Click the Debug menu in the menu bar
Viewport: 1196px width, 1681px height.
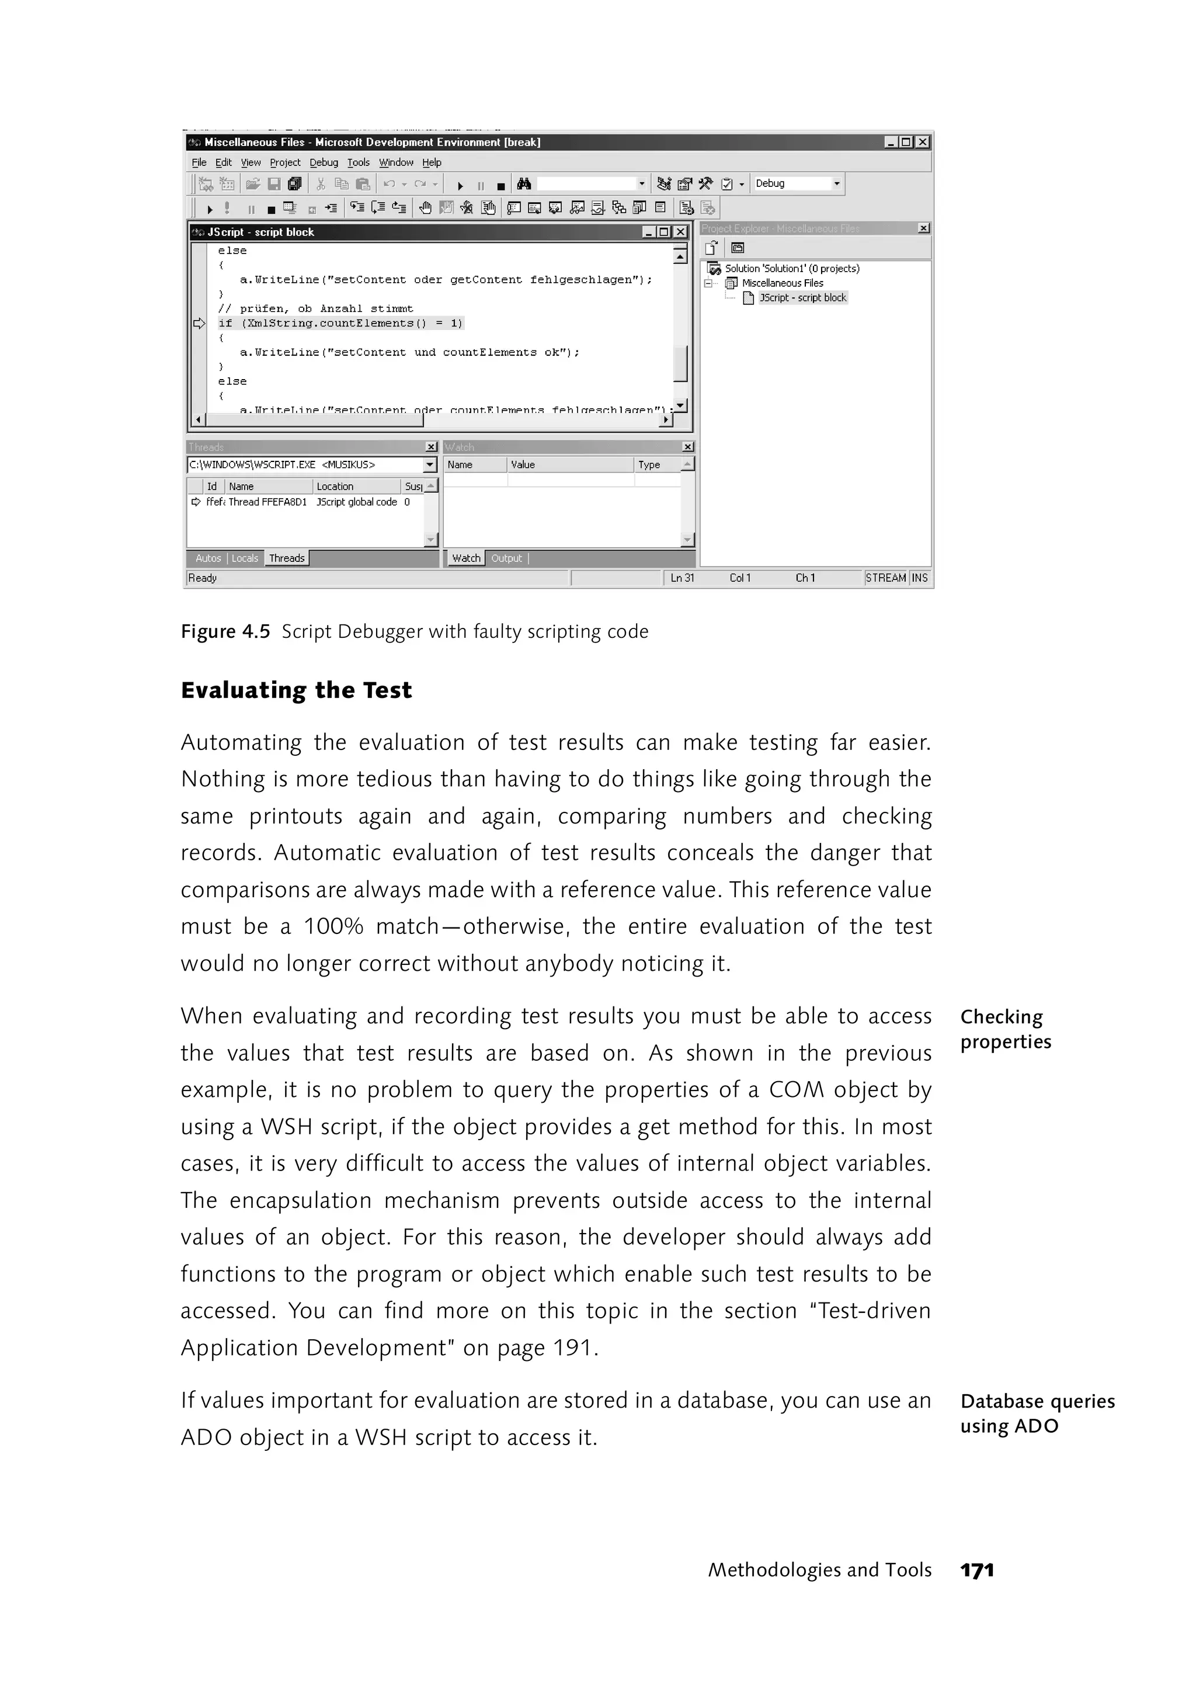[x=324, y=163]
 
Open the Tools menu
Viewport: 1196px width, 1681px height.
[x=358, y=163]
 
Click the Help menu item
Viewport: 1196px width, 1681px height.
[x=432, y=163]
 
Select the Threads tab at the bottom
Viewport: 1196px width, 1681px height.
[x=287, y=558]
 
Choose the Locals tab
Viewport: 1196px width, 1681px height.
[x=245, y=558]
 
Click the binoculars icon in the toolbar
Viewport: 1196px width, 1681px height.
[x=524, y=184]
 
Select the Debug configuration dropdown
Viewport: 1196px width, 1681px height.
[x=797, y=183]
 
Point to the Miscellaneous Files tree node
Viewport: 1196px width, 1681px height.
[x=782, y=283]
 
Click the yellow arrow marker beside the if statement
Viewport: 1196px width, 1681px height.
[x=199, y=324]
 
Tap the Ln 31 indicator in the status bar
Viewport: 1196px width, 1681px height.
[x=682, y=578]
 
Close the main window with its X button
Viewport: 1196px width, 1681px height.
[x=922, y=142]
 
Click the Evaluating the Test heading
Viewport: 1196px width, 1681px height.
[x=296, y=690]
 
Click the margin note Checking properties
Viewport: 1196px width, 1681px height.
[x=1005, y=1029]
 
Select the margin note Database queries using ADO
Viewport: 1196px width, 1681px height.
[x=1037, y=1413]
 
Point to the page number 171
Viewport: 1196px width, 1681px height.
[x=977, y=1571]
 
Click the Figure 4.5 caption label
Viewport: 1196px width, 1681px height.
[x=225, y=632]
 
